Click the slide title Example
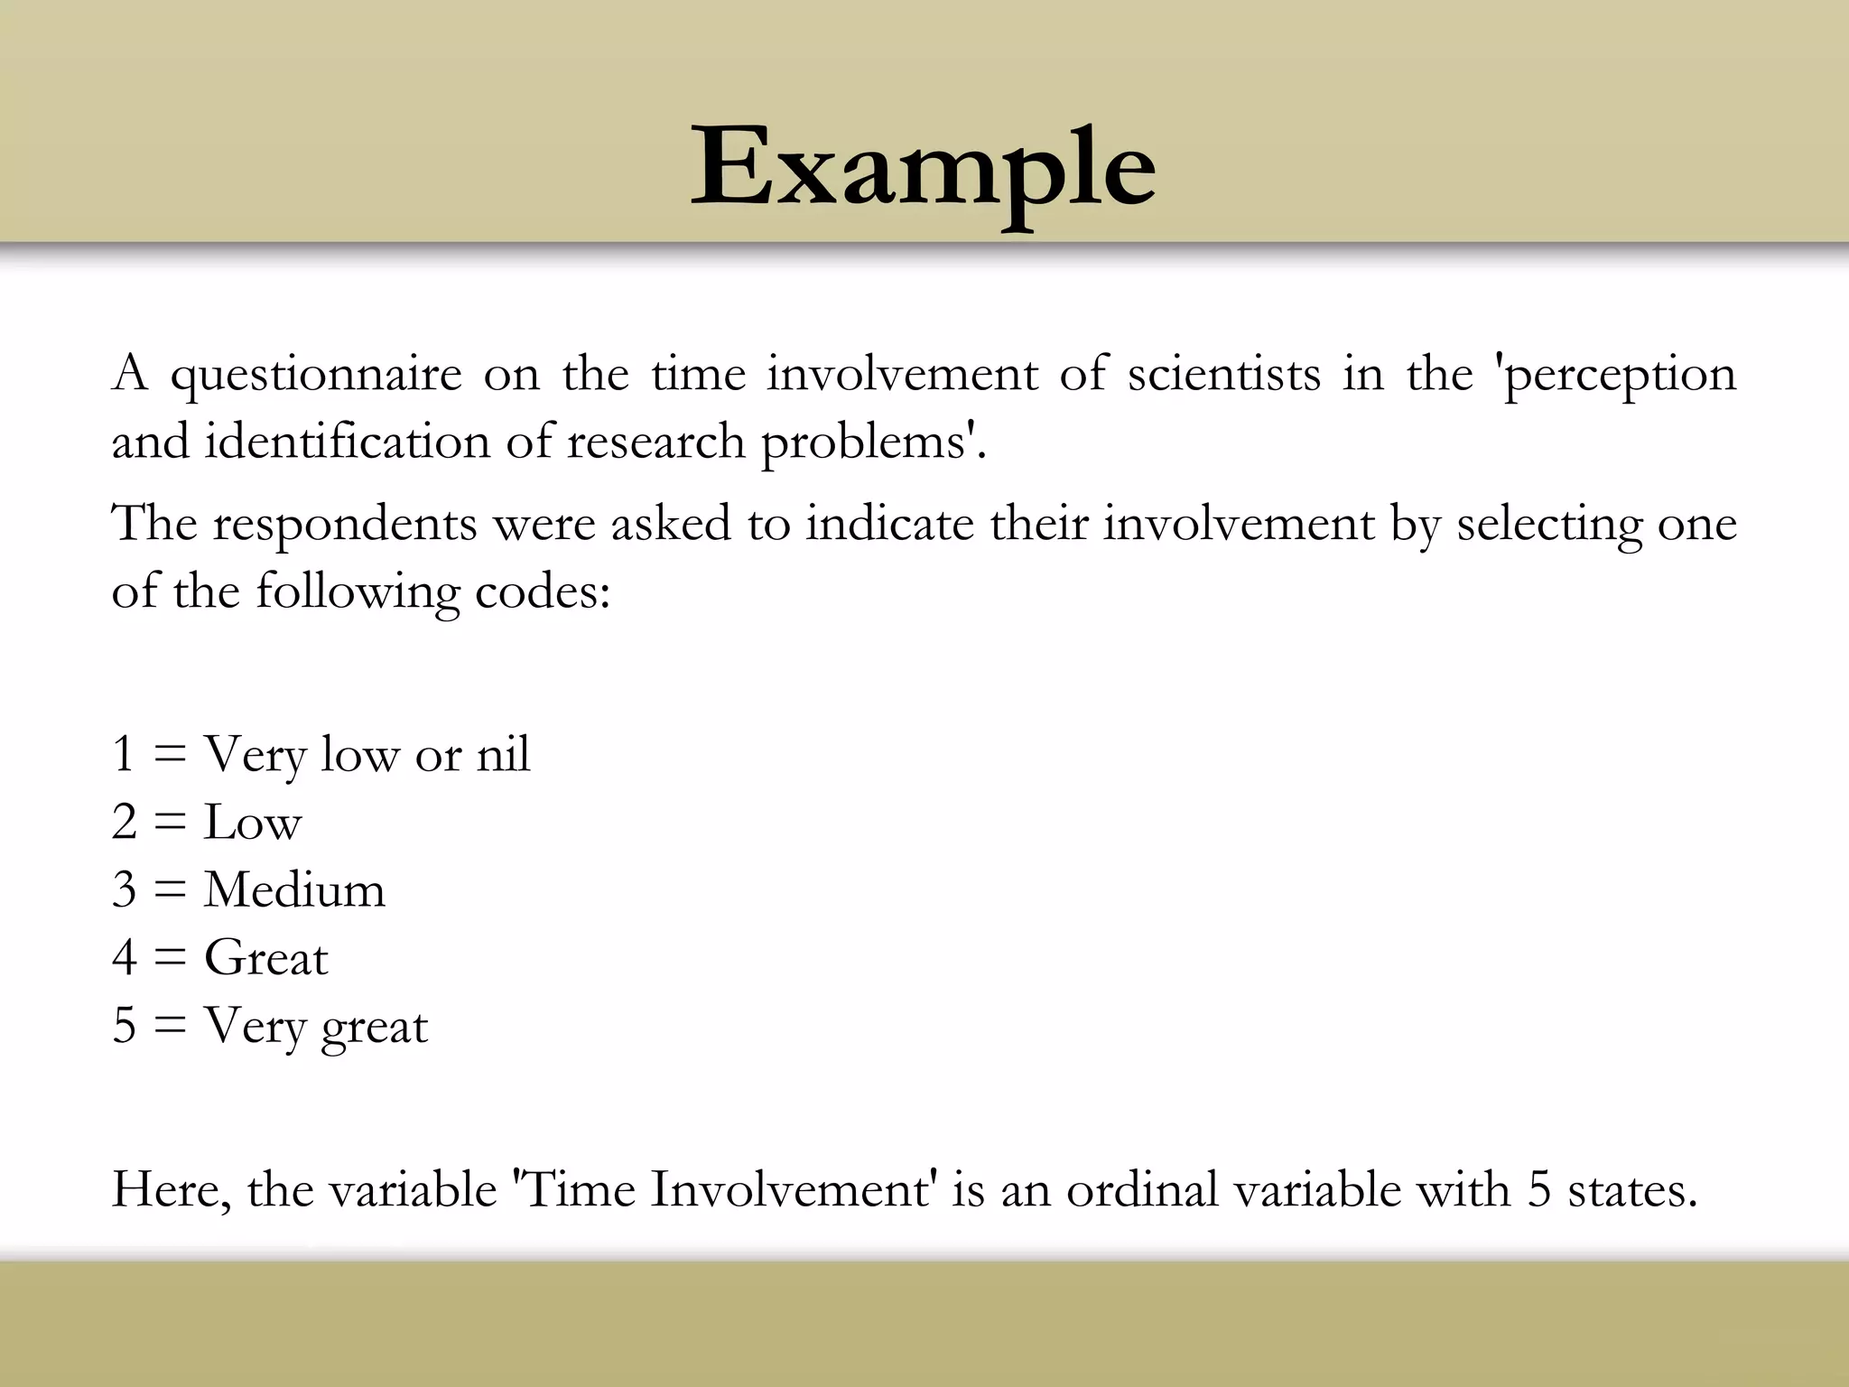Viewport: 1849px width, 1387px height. tap(923, 172)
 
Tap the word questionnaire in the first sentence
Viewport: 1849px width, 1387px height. tap(316, 375)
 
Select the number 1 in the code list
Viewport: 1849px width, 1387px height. tap(124, 754)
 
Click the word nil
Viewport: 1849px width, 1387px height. tap(503, 754)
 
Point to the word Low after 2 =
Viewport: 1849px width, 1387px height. tap(253, 823)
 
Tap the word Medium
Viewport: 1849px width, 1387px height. tap(295, 890)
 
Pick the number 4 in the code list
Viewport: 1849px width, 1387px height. tap(125, 958)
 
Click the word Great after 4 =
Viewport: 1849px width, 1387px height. tap(266, 958)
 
